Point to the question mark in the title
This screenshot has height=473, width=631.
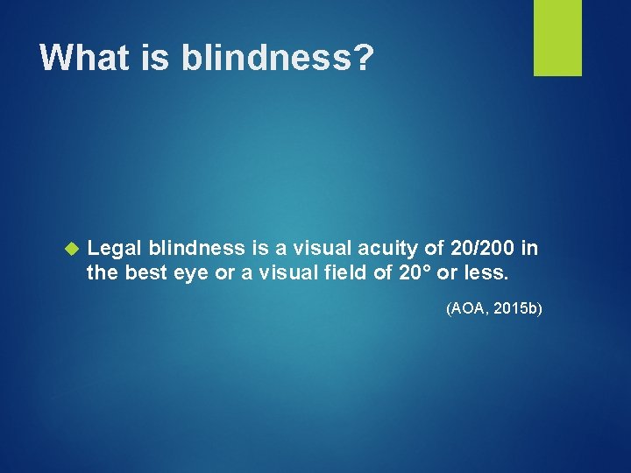(363, 58)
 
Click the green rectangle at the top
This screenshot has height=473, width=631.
(557, 38)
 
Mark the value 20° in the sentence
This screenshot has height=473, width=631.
(414, 273)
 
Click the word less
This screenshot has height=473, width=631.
(487, 273)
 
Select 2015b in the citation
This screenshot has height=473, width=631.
(519, 308)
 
